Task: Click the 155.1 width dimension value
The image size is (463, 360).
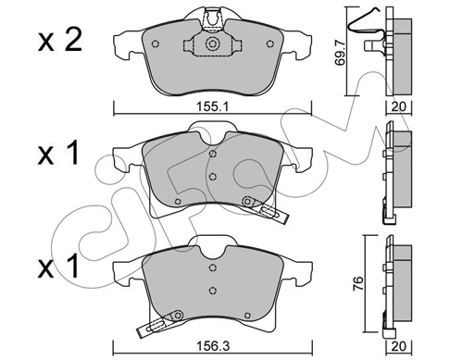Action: click(x=212, y=107)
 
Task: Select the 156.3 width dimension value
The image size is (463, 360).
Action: click(x=213, y=346)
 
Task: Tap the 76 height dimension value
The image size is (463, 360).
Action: click(x=357, y=283)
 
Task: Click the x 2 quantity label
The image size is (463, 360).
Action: click(x=60, y=41)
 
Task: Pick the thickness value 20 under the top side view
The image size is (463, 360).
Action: click(x=399, y=107)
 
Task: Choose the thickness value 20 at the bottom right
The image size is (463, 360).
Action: click(x=399, y=346)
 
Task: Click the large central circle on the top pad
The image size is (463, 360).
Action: click(x=212, y=43)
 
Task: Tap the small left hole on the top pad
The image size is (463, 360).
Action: click(x=156, y=43)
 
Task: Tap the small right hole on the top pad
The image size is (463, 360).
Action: click(x=270, y=43)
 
